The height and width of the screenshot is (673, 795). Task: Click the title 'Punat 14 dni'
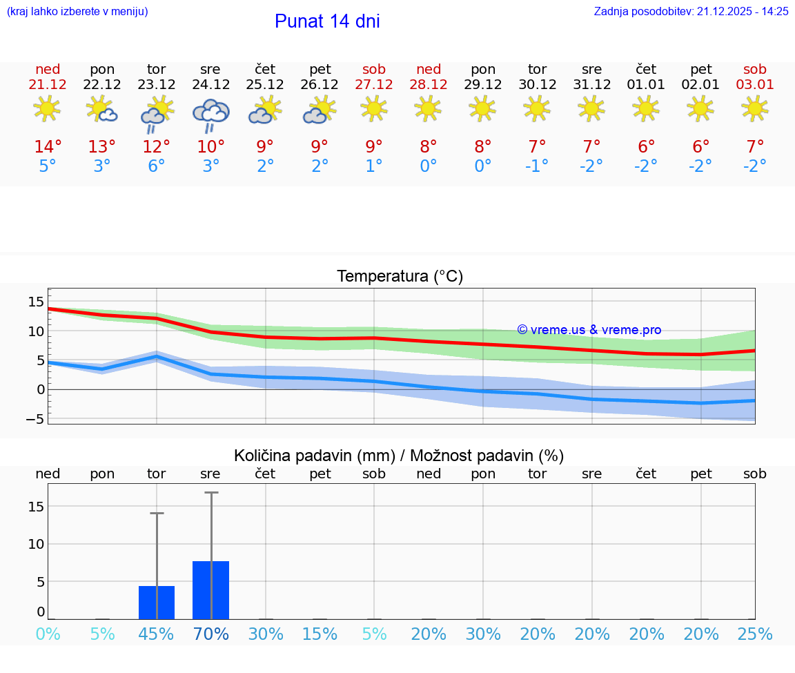click(x=327, y=21)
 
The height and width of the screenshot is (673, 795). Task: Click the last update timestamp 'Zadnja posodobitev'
click(x=691, y=12)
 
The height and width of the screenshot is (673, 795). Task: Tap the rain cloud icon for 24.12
click(x=210, y=115)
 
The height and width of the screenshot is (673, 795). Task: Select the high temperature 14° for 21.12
click(x=48, y=147)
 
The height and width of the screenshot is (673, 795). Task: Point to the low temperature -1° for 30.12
click(x=537, y=166)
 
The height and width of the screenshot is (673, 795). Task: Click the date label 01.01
click(x=646, y=85)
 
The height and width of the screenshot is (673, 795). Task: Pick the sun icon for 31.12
click(x=591, y=108)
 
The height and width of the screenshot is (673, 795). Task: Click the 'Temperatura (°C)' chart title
click(x=400, y=277)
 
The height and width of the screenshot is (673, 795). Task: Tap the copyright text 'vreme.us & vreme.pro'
click(x=589, y=330)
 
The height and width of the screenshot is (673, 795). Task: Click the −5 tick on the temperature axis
click(x=36, y=419)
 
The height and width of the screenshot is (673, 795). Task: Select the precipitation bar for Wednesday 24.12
click(x=210, y=590)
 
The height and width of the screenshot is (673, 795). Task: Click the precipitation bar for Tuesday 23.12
click(x=157, y=603)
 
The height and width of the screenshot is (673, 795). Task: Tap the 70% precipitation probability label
click(x=210, y=634)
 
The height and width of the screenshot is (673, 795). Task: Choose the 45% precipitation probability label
click(x=157, y=634)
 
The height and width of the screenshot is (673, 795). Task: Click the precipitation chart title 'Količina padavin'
click(x=399, y=456)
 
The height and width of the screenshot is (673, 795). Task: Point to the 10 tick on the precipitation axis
click(x=36, y=544)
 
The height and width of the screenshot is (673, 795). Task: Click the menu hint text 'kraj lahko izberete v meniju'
click(x=77, y=12)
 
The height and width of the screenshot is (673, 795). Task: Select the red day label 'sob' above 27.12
click(x=374, y=69)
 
